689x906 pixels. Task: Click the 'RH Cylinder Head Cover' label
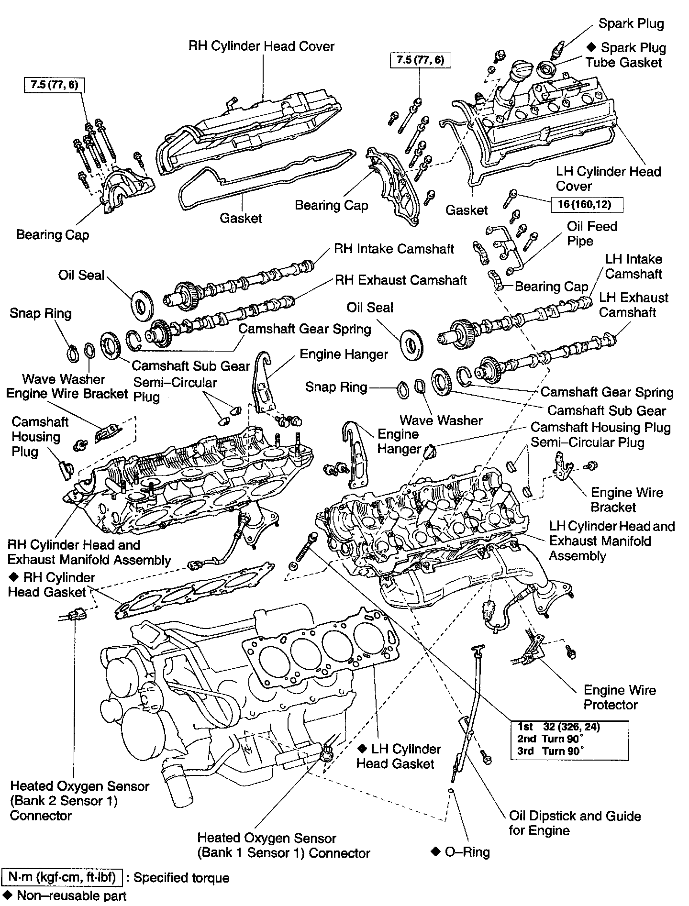click(x=261, y=46)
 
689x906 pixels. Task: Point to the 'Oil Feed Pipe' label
click(x=591, y=233)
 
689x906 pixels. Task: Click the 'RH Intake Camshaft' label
click(x=394, y=249)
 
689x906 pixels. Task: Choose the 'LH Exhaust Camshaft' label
click(x=633, y=305)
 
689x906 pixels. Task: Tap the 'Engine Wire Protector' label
click(x=619, y=697)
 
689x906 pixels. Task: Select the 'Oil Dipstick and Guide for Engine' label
click(x=574, y=823)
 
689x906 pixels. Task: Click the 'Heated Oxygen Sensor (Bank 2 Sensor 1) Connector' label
click(x=79, y=801)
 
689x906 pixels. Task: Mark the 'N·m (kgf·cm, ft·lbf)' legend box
click(x=63, y=878)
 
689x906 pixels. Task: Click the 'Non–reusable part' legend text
click(x=71, y=895)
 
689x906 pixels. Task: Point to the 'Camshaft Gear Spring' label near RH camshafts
click(x=304, y=329)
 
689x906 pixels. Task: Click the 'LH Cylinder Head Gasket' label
click(x=398, y=756)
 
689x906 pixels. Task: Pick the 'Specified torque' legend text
click(x=181, y=878)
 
